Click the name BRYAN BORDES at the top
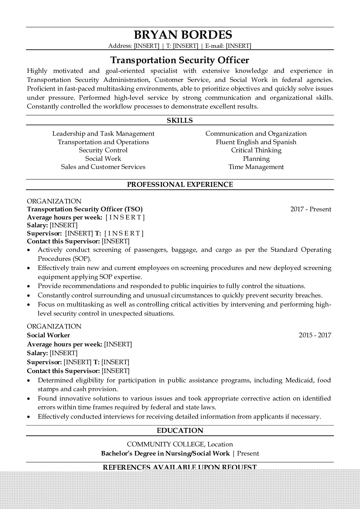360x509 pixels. [x=183, y=35]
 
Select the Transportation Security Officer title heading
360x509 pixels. [x=180, y=60]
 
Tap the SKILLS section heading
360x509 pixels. [x=180, y=120]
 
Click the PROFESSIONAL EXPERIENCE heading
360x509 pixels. [x=180, y=184]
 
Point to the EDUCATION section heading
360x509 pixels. [x=180, y=430]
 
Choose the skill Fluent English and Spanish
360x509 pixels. [x=256, y=142]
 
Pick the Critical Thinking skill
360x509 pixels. [x=256, y=150]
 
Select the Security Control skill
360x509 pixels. [x=103, y=150]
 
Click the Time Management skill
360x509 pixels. [x=256, y=167]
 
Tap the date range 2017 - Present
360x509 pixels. [x=311, y=209]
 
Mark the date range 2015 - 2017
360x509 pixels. [x=315, y=335]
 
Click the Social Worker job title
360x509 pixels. [x=48, y=335]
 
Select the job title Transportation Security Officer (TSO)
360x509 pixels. [x=85, y=209]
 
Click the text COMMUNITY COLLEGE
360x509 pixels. [x=165, y=444]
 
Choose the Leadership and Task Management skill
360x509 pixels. [x=103, y=134]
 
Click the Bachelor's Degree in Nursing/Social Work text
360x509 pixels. [x=165, y=453]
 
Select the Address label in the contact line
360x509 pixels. [x=120, y=46]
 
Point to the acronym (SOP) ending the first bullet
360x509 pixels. [x=81, y=259]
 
